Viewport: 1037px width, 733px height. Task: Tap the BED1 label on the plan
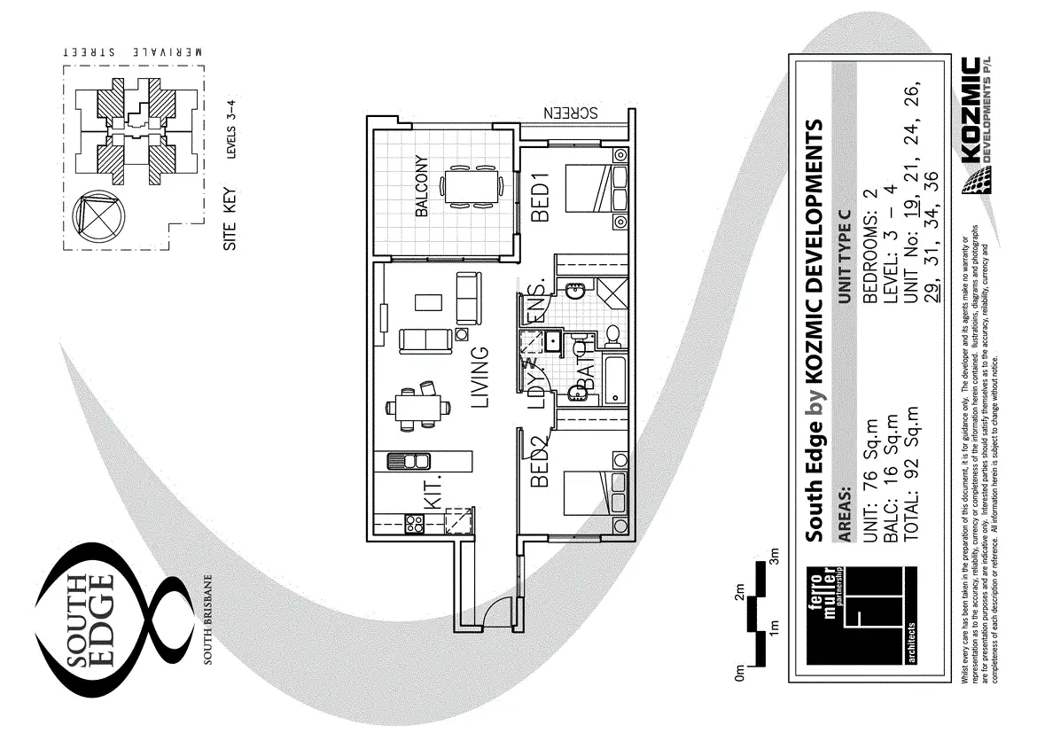click(542, 196)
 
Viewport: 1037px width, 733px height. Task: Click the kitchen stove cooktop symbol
click(413, 523)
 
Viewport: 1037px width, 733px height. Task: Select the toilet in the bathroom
click(611, 335)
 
